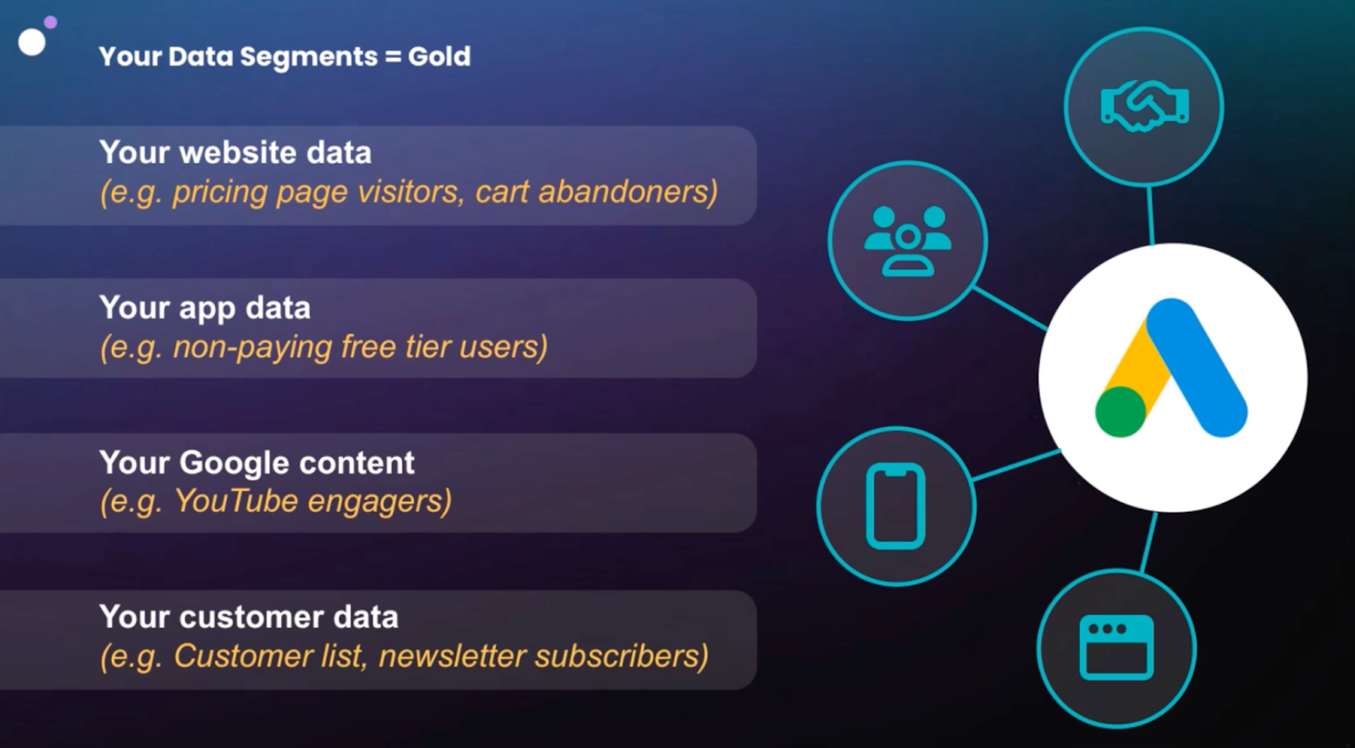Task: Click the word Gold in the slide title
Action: [x=440, y=56]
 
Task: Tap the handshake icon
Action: [x=1144, y=107]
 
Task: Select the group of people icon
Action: [x=907, y=241]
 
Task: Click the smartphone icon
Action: [x=896, y=507]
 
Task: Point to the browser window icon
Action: [x=1117, y=647]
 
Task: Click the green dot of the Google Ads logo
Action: [x=1120, y=413]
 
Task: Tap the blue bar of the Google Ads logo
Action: [x=1196, y=368]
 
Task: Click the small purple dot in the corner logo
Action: [x=51, y=22]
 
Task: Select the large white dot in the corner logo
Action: [x=32, y=42]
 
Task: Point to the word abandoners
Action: [x=628, y=192]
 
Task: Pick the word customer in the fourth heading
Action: [x=252, y=618]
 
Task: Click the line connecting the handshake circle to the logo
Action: [x=1150, y=216]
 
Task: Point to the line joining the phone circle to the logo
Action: [x=1016, y=465]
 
